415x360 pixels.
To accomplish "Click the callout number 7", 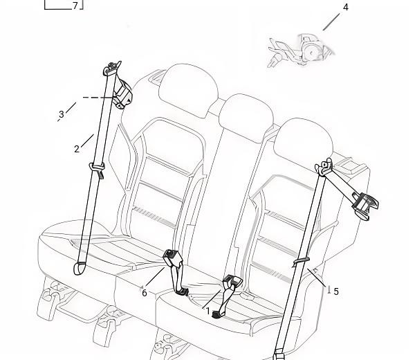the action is coord(75,6).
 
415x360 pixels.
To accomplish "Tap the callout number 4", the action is coord(345,8).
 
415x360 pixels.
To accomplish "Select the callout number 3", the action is coord(62,114).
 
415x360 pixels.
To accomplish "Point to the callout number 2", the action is coord(77,149).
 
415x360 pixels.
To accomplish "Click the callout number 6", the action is coord(145,293).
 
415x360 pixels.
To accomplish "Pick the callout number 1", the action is coord(207,311).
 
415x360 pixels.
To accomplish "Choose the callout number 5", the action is coord(336,291).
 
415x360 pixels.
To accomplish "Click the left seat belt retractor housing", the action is coord(122,93).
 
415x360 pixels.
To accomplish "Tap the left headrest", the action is coord(188,89).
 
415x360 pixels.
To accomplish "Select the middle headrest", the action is coord(246,117).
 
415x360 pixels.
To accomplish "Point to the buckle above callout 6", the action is coord(173,258).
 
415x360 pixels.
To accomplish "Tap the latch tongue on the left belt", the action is coord(97,170).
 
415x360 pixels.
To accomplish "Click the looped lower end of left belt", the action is coord(80,268).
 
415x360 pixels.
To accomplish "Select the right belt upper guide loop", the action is coord(324,168).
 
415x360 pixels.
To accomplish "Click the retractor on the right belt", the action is coord(365,205).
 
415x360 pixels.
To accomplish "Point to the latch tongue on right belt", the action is coord(301,261).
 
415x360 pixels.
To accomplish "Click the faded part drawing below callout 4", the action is coord(301,50).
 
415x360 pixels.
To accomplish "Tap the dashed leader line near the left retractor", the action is coord(98,98).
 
